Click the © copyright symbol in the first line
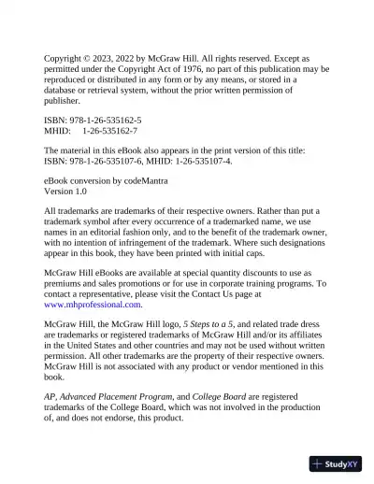95,58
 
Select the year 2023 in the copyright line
116,58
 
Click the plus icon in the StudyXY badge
319,463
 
